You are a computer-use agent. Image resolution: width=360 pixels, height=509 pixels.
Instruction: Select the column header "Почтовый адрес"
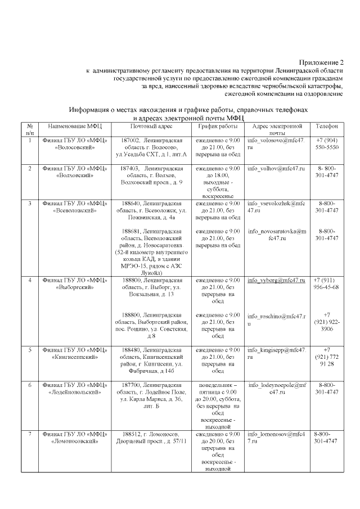pyautogui.click(x=151, y=127)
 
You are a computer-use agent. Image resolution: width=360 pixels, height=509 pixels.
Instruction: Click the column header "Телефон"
pyautogui.click(x=327, y=127)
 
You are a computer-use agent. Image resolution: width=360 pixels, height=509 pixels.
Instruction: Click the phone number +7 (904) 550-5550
pyautogui.click(x=327, y=143)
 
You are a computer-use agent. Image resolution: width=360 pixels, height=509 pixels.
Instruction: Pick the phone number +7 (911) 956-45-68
pyautogui.click(x=327, y=283)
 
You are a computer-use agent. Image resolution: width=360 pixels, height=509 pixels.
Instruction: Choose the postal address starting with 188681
pyautogui.click(x=151, y=251)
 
